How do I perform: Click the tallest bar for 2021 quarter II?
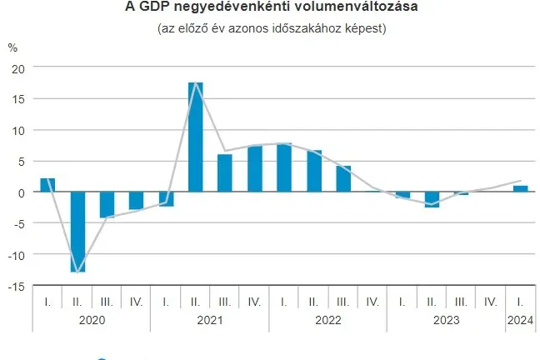point(196,137)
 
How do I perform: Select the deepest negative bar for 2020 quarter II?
point(77,232)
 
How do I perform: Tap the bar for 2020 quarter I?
point(47,185)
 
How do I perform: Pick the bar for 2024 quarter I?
point(520,188)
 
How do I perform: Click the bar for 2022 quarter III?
point(343,178)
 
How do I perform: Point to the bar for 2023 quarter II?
point(432,199)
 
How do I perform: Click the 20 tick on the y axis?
point(18,67)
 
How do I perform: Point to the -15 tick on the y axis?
point(16,286)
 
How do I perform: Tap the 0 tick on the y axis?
point(22,192)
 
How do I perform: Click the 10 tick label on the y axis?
point(18,130)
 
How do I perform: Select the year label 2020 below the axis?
point(92,318)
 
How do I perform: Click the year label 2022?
point(328,318)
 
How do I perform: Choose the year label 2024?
point(520,318)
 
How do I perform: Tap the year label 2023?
point(447,318)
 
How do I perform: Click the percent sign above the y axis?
point(12,47)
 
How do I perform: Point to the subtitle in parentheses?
point(270,28)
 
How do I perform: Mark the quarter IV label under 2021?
point(254,301)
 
